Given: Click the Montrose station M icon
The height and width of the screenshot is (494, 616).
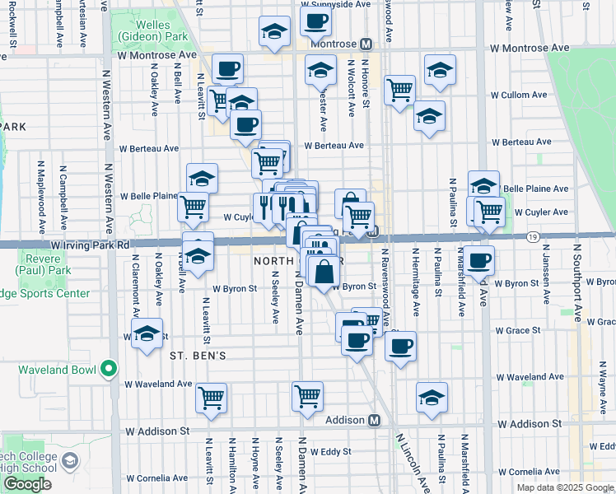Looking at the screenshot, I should [366, 44].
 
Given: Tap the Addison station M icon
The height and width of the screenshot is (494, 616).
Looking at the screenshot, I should [374, 420].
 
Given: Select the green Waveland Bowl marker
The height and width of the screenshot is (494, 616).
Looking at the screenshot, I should [108, 369].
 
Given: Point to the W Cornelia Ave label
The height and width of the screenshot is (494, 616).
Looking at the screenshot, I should [156, 478].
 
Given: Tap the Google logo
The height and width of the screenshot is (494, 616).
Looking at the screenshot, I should [27, 484].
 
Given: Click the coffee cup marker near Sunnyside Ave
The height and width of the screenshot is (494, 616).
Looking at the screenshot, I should [315, 21].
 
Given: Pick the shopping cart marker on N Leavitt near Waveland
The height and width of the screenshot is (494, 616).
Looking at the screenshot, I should [211, 398].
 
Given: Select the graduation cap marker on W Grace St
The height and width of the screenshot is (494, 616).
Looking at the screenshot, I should [147, 333].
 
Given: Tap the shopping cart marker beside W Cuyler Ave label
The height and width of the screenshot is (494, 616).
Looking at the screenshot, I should [489, 211].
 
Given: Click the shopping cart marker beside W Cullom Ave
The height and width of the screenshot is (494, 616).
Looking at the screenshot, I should [399, 90].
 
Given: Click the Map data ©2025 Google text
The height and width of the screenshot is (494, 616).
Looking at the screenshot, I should [565, 487].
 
